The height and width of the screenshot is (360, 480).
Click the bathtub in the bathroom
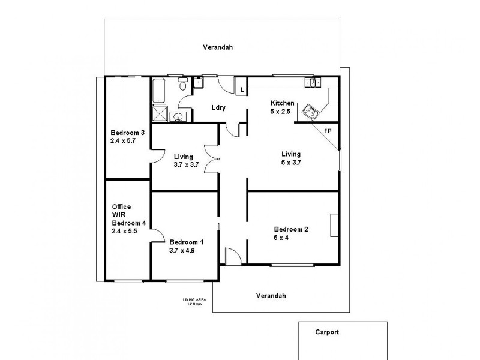click(158, 92)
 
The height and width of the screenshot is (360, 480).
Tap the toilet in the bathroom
click(183, 87)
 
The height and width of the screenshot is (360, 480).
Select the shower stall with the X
click(159, 113)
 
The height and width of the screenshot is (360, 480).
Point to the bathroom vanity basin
click(178, 116)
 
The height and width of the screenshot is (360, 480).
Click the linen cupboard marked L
click(241, 89)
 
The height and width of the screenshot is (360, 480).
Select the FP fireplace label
click(328, 130)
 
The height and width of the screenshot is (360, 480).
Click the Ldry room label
click(218, 108)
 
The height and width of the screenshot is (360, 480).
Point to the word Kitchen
click(282, 103)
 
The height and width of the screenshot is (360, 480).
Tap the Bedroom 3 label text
click(127, 133)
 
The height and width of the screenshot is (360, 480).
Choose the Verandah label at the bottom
click(271, 295)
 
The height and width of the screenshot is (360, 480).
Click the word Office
click(121, 207)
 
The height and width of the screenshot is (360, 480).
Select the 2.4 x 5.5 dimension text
click(125, 230)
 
